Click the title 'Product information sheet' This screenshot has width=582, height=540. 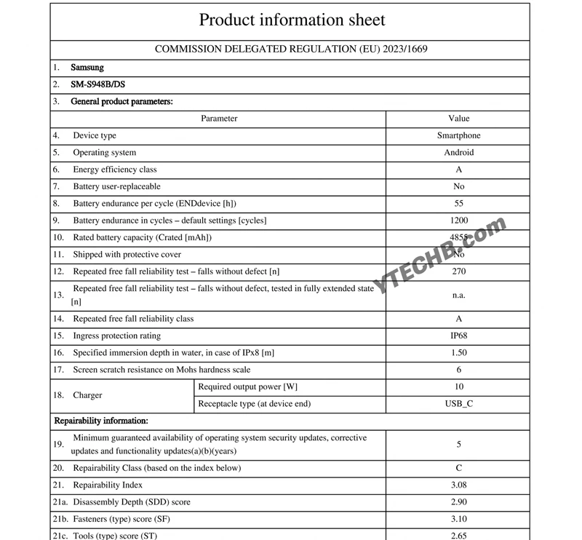[x=292, y=20]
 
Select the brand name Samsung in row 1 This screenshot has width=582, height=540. [x=87, y=68]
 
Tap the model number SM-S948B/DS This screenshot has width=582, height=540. [x=98, y=84]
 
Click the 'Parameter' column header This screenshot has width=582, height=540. [x=219, y=118]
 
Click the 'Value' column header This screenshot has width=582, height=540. [x=458, y=118]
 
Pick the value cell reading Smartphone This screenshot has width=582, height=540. [x=458, y=135]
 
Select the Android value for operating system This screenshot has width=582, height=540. [x=458, y=153]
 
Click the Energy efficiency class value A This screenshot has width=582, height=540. [x=458, y=170]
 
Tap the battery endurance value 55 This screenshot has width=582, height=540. [x=458, y=204]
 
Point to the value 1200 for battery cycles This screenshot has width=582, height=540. [x=458, y=221]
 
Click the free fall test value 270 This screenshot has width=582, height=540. [x=458, y=271]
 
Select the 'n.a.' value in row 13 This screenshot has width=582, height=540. [x=458, y=295]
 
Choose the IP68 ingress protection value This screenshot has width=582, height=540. [x=458, y=335]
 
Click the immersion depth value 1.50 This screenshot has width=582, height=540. [x=458, y=353]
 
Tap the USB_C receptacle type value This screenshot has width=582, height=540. [x=458, y=403]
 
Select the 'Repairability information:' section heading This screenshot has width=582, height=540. [x=101, y=421]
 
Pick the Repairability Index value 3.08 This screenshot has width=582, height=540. [x=458, y=485]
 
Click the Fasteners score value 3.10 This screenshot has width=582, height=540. [x=458, y=519]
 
